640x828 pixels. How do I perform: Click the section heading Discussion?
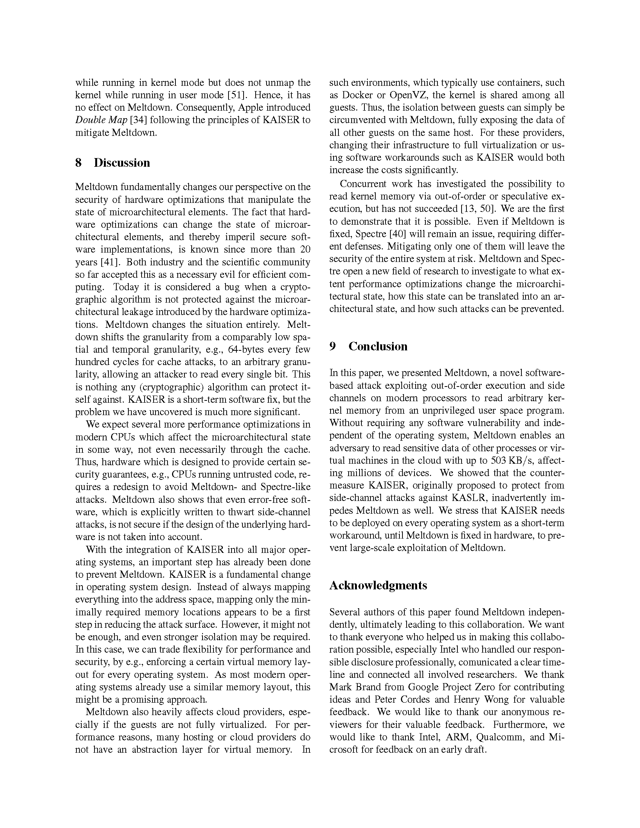[x=122, y=163]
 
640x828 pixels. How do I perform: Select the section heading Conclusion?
[x=378, y=346]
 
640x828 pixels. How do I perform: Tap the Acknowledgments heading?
[x=378, y=585]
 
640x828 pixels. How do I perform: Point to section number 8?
[x=78, y=163]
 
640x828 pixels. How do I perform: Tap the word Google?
[x=418, y=687]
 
